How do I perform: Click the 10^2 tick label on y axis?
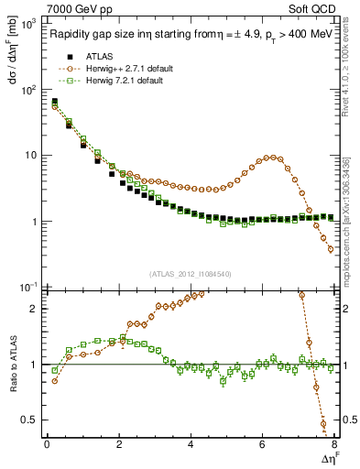[x=28, y=90]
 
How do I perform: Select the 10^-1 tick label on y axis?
[x=28, y=288]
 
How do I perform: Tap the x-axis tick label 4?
[x=191, y=445]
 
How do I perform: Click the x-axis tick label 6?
[x=262, y=445]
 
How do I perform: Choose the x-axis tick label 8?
[x=333, y=445]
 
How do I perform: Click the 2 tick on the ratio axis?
[x=34, y=309]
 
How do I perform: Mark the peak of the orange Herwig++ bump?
[x=268, y=157]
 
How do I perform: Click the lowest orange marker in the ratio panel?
[x=323, y=424]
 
